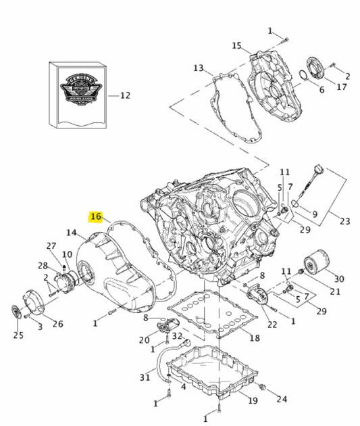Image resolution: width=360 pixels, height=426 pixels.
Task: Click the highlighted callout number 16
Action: [96, 216]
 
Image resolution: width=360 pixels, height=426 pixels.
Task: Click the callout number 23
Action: [344, 220]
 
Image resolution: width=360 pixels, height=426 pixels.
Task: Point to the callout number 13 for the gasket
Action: [198, 68]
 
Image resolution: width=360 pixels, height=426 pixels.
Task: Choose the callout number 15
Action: [236, 46]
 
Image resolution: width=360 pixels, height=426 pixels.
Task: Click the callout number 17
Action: [342, 87]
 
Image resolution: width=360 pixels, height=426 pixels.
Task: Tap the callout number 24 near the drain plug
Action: [281, 399]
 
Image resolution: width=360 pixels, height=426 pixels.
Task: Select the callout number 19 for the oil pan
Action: [252, 401]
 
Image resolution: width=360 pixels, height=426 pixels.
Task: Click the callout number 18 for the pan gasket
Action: [254, 337]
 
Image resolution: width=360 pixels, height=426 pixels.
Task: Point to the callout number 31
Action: [145, 377]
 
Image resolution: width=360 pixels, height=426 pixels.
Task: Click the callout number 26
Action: [58, 324]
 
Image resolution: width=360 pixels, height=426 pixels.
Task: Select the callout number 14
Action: [72, 233]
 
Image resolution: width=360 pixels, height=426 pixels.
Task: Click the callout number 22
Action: [272, 325]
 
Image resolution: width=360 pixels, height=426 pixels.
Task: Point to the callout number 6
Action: [322, 90]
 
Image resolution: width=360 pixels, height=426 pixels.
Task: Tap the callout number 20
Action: [144, 340]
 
